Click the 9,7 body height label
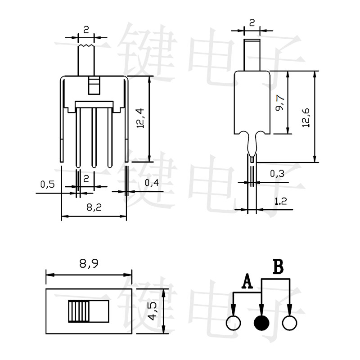[x=279, y=103]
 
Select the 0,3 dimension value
[x=276, y=173]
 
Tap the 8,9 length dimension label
[x=89, y=265]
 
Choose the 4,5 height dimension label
[x=153, y=311]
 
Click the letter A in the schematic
[x=247, y=282]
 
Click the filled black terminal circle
[x=261, y=323]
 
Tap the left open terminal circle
[x=234, y=323]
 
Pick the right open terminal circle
[x=289, y=323]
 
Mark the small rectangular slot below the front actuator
[x=94, y=85]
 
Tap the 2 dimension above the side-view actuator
[x=252, y=22]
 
